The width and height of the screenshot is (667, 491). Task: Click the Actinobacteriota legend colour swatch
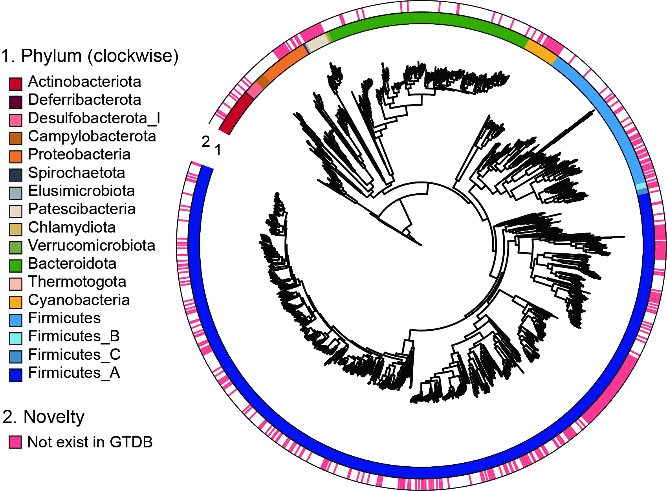(15, 84)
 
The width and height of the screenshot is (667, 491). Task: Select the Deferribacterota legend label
(84, 100)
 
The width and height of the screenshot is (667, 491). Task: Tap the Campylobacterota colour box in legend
(15, 138)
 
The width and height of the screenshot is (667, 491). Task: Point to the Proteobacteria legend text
(79, 154)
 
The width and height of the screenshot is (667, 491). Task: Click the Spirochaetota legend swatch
(15, 175)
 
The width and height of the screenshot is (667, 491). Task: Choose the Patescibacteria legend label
(82, 209)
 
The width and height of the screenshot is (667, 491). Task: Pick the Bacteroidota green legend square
(15, 266)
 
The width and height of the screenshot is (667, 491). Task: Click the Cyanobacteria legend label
(79, 300)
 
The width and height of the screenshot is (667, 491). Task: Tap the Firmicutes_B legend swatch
(15, 338)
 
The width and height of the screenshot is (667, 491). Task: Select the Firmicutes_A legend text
(74, 372)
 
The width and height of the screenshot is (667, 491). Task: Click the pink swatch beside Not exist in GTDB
(15, 442)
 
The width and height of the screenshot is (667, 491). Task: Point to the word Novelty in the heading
(54, 416)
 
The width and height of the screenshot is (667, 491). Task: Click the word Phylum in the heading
(51, 56)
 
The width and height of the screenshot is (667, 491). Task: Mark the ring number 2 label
(206, 141)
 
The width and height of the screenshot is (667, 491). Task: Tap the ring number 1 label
(218, 150)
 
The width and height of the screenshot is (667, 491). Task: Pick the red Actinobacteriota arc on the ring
(235, 115)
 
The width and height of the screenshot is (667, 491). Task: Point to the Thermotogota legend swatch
(15, 284)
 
